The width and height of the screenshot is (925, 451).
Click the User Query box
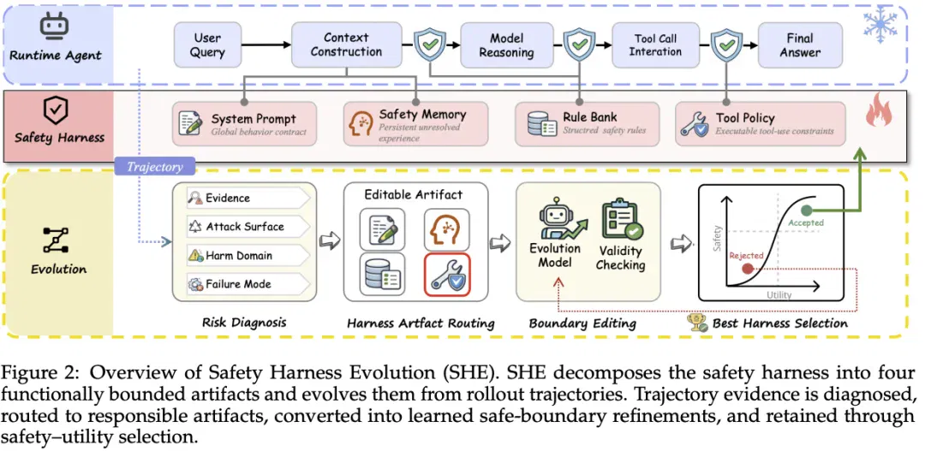tap(207, 45)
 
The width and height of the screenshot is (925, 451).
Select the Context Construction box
tap(346, 45)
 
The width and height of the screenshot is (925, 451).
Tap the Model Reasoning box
tap(507, 45)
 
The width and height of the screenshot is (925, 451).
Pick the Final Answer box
tap(800, 45)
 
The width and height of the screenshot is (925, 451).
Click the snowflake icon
tap(880, 25)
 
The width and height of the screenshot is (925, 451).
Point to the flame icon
tap(879, 110)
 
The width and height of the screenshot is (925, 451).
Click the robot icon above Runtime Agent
tap(55, 26)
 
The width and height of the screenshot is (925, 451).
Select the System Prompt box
tap(244, 124)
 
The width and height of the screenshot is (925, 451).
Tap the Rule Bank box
tap(587, 124)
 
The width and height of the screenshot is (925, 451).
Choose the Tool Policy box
tap(760, 124)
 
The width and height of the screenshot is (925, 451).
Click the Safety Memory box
tap(416, 124)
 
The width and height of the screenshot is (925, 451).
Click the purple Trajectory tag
tap(154, 167)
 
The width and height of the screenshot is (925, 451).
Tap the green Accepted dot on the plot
tap(807, 211)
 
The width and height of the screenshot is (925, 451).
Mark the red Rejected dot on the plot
tap(748, 269)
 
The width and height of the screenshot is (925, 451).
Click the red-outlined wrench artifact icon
tap(447, 274)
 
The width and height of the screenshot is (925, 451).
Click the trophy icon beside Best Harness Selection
tap(697, 323)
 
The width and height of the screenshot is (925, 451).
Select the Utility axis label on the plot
tap(779, 294)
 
